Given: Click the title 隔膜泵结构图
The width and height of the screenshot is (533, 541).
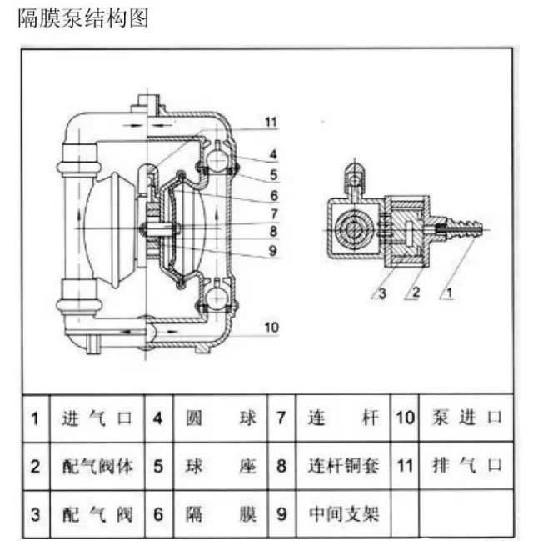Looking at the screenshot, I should tap(83, 18).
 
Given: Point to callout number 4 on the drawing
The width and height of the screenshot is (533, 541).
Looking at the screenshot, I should tap(272, 154).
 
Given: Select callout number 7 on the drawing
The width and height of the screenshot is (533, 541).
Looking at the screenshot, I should tap(272, 213).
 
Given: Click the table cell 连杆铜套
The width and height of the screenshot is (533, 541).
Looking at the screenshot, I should tap(343, 465).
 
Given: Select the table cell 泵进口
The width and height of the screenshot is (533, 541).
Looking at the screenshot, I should tap(468, 418).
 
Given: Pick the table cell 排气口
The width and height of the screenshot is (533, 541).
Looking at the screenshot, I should tap(468, 465).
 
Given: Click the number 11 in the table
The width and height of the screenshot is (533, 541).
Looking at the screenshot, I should tap(405, 465).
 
